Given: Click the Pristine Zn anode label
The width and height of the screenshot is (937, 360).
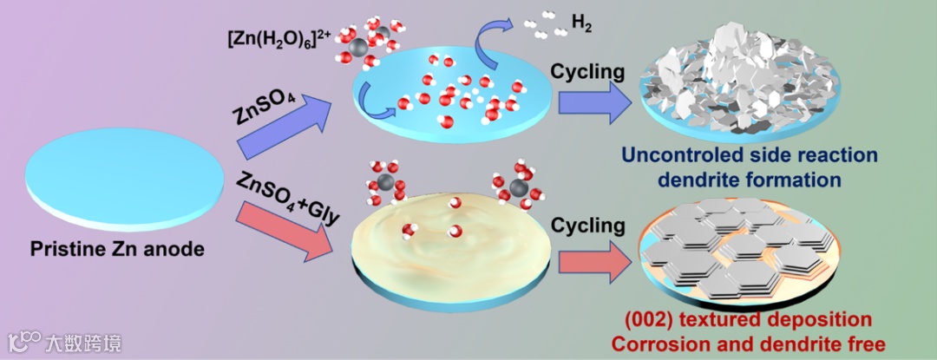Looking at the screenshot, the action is [117, 250].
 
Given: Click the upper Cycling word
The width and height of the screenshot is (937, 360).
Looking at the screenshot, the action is [590, 70].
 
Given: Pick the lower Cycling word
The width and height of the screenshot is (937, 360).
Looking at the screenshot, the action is [589, 226].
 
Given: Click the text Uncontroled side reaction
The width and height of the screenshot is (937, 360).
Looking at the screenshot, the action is [750, 157].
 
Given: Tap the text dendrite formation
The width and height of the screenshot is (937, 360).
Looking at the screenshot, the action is [750, 180].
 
